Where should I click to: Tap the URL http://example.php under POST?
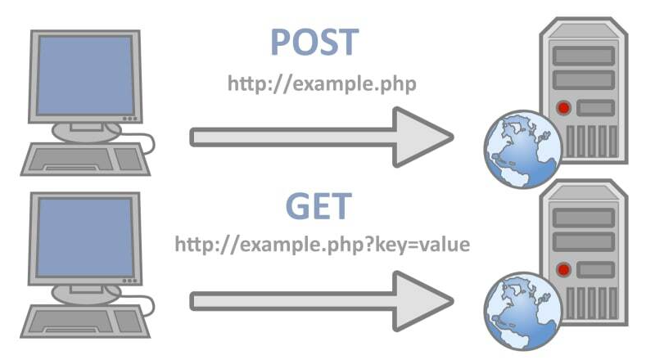(x=322, y=83)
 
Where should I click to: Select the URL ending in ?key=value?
(x=322, y=244)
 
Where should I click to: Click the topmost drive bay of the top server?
(x=583, y=56)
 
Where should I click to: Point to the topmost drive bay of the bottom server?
(x=583, y=218)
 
